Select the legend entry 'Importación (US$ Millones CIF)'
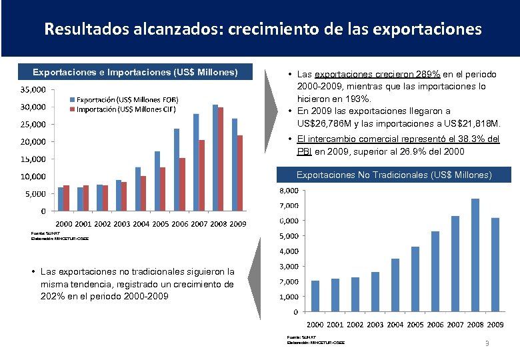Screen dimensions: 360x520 (x=126, y=109)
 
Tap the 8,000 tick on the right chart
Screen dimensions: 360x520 (x=288, y=191)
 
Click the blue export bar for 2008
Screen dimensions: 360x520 (x=215, y=158)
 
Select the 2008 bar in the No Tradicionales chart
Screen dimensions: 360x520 (x=475, y=255)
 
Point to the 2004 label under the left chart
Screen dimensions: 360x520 (x=141, y=224)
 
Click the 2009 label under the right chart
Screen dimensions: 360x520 (x=495, y=325)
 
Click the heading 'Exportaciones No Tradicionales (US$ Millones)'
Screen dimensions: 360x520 (x=394, y=175)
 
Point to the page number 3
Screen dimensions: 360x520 (x=487, y=343)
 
